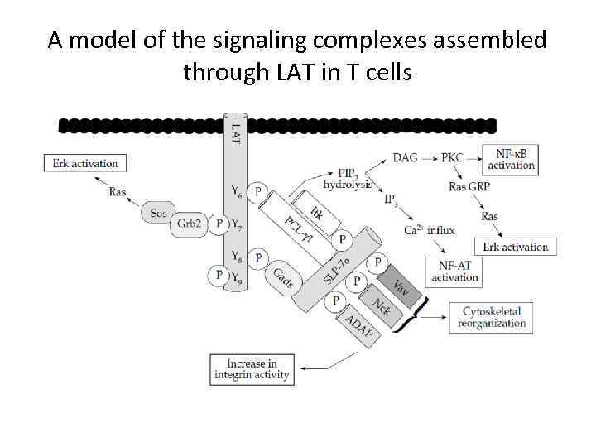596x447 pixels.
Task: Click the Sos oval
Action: pyautogui.click(x=159, y=213)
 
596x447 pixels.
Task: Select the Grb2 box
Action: pyautogui.click(x=190, y=223)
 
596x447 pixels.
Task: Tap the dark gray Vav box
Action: pyautogui.click(x=400, y=288)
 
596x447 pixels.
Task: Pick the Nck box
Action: pyautogui.click(x=382, y=307)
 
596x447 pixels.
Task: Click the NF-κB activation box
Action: pyautogui.click(x=515, y=159)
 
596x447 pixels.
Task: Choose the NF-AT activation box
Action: pyautogui.click(x=454, y=271)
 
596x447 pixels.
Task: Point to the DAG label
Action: pyautogui.click(x=405, y=157)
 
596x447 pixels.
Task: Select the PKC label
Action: pyautogui.click(x=452, y=157)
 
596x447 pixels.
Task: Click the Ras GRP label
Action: pyautogui.click(x=469, y=186)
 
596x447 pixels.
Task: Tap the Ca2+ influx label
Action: pyautogui.click(x=430, y=230)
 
